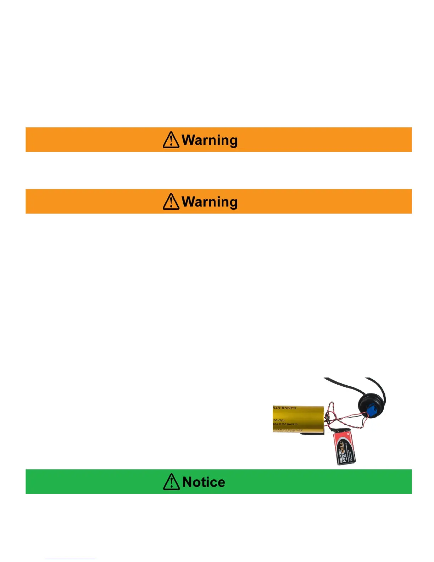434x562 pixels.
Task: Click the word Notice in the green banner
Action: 204,482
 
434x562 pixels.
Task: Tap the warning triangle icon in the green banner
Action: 171,482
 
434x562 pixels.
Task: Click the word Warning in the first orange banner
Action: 210,140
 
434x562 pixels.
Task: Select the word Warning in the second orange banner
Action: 210,202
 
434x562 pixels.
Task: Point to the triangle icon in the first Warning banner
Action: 171,140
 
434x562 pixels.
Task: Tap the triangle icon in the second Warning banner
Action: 171,202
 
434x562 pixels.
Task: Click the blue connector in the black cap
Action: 371,411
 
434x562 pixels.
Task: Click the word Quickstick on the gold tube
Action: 284,408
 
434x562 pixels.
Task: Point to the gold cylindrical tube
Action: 298,419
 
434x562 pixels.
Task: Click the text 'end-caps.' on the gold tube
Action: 279,420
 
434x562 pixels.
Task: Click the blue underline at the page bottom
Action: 70,559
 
